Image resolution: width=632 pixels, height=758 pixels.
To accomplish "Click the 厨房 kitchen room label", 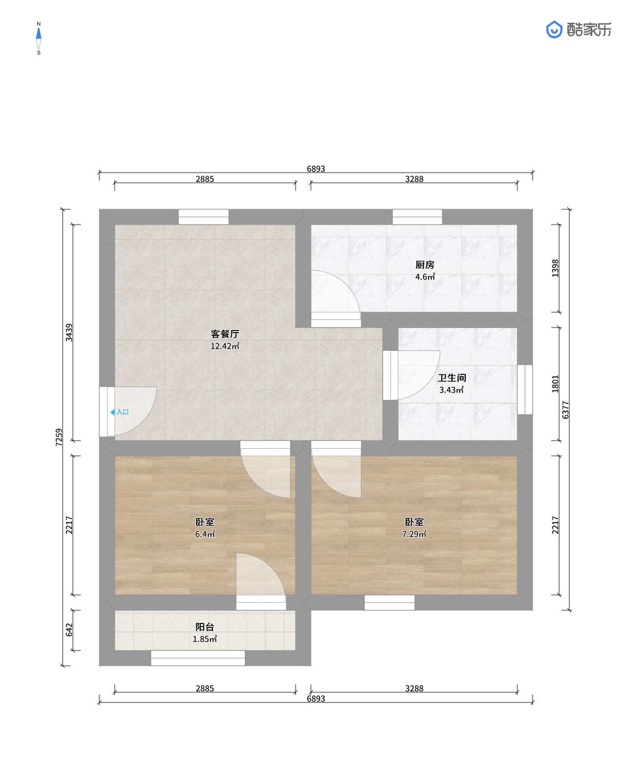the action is [425, 265].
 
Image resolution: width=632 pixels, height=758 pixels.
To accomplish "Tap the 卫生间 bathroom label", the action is [452, 378].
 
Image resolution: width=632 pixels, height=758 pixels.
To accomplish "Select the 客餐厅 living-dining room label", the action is [225, 334].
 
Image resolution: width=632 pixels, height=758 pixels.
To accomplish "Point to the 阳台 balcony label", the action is [205, 627].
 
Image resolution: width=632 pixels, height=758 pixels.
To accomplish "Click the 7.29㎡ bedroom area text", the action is [414, 534].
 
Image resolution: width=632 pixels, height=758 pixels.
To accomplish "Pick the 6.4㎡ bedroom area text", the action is [205, 534].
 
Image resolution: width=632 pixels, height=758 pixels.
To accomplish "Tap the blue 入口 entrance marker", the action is [119, 412].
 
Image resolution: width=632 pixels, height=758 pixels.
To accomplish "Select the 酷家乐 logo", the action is [578, 30].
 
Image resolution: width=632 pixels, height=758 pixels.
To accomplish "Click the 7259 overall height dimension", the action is [59, 438].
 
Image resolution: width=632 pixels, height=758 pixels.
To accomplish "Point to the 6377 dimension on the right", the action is [566, 410].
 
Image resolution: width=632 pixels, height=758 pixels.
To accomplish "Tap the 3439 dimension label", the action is [69, 333].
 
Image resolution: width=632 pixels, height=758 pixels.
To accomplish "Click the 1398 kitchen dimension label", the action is [556, 268].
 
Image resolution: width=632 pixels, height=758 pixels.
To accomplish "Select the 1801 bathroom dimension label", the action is [556, 384].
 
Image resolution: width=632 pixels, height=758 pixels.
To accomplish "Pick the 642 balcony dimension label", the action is [69, 630].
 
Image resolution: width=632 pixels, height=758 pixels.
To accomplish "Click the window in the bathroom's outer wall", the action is [525, 390].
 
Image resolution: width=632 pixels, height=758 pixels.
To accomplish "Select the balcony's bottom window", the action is [198, 658].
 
